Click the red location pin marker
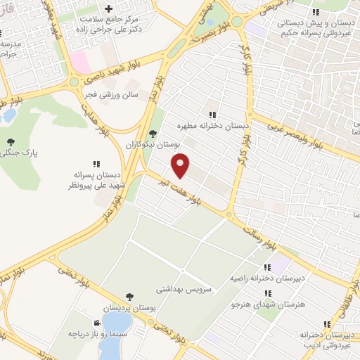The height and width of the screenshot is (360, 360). (181, 165)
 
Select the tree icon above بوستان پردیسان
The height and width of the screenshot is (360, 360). (129, 297)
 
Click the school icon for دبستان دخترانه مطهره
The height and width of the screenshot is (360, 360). (212, 115)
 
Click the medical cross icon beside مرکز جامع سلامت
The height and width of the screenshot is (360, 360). (107, 8)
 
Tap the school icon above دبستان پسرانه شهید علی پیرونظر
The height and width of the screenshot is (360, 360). (96, 164)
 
